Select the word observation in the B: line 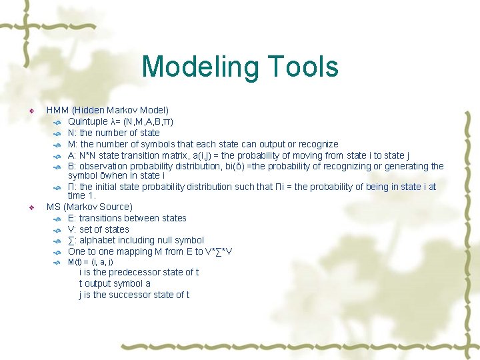(105, 166)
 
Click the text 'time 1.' (82, 195)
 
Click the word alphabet (98, 240)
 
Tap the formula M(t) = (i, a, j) (91, 262)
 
